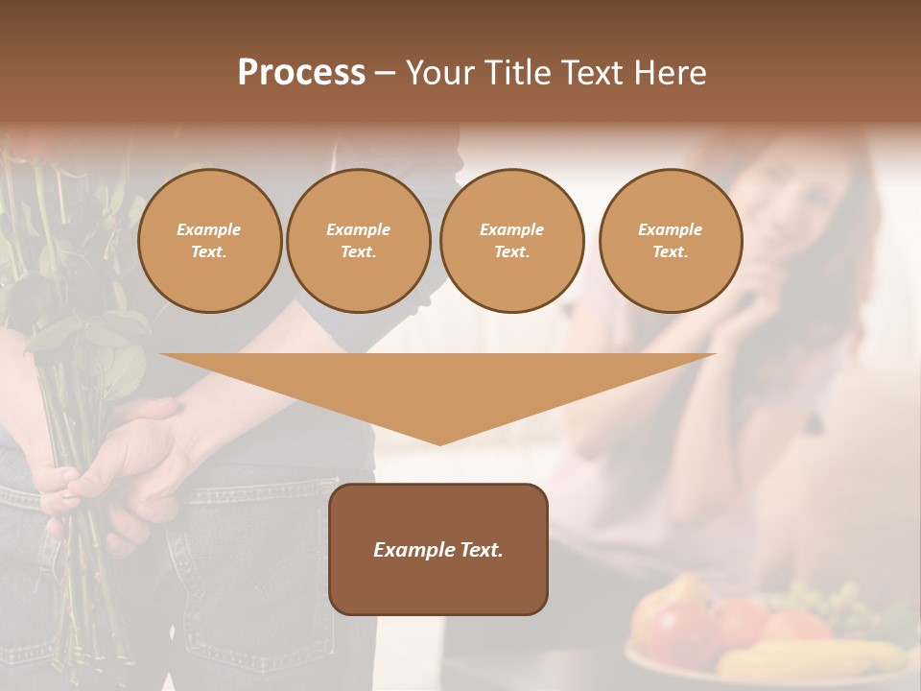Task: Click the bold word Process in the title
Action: coord(301,73)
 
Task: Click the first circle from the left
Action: coord(209,241)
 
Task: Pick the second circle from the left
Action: coord(359,241)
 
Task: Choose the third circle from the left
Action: coord(512,241)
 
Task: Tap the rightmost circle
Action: coord(671,241)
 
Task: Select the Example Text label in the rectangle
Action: coord(438,550)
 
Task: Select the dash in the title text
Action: coord(385,73)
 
